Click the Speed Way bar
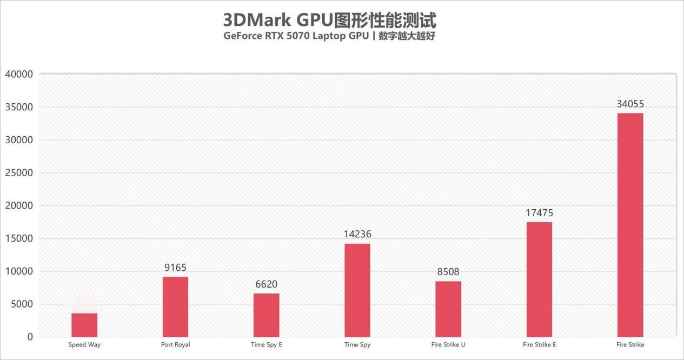click(x=84, y=325)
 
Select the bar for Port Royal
click(x=175, y=307)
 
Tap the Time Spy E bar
click(x=266, y=315)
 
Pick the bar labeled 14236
click(x=357, y=290)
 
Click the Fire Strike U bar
click(x=448, y=309)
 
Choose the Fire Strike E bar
click(x=539, y=279)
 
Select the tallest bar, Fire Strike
click(x=630, y=225)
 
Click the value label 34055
click(x=630, y=104)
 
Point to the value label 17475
click(x=539, y=213)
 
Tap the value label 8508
click(x=448, y=272)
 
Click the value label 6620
click(x=266, y=284)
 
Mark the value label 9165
click(x=175, y=268)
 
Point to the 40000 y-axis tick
click(x=19, y=74)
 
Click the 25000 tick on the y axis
click(x=19, y=173)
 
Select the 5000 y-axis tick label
click(x=22, y=304)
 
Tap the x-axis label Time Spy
click(x=357, y=344)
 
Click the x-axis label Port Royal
click(x=175, y=344)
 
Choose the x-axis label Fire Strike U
click(x=448, y=344)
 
